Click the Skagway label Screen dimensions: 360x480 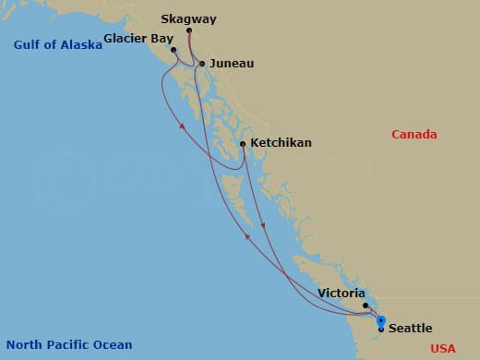(x=188, y=18)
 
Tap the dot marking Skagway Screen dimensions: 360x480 (x=189, y=31)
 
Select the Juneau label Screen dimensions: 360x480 (x=232, y=64)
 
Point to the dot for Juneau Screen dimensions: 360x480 (x=202, y=64)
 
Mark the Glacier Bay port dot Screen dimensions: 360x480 (x=173, y=50)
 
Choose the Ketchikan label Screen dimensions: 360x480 (x=282, y=143)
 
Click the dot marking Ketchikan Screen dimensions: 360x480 (x=242, y=143)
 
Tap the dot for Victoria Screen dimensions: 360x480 (x=366, y=306)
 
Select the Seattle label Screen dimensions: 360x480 (x=410, y=329)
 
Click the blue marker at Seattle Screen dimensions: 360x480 (x=381, y=321)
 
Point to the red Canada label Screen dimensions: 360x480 (x=414, y=135)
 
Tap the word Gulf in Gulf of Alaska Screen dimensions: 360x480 (x=29, y=44)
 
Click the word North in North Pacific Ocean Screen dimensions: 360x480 (x=22, y=345)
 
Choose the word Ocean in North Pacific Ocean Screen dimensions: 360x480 (x=113, y=345)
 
